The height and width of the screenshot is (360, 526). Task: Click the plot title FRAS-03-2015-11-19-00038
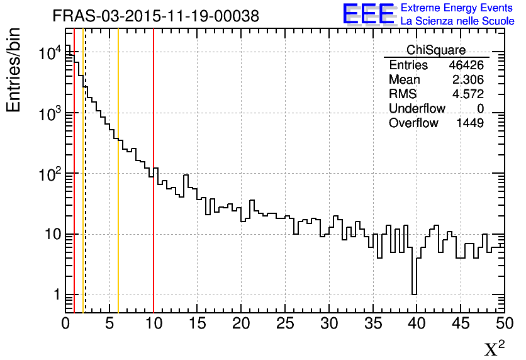155,16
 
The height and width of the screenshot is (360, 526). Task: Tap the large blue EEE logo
369,14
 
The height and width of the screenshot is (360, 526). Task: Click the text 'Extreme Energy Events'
457,8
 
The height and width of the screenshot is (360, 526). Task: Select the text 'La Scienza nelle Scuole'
457,21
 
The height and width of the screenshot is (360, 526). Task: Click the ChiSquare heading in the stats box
435,50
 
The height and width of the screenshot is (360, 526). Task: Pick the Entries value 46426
466,65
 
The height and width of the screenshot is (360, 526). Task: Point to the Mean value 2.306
468,80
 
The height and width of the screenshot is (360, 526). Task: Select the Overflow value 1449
470,123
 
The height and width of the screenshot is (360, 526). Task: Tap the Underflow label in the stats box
417,109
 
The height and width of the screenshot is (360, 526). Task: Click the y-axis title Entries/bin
14,69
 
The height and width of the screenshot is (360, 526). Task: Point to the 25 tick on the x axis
285,323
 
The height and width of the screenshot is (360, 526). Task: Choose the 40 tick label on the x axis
417,323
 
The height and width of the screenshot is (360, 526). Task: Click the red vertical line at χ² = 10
154,189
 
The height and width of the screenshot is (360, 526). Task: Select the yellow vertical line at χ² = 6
118,189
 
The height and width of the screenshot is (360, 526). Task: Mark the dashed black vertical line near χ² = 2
85,189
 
